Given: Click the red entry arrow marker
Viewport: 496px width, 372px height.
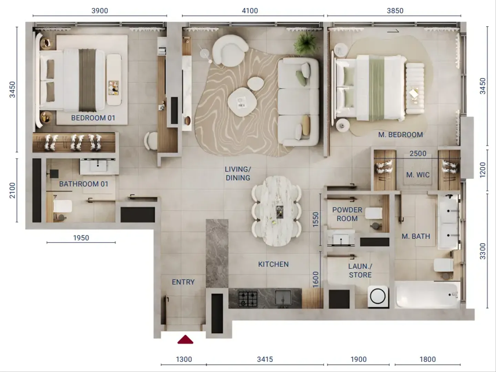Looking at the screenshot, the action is point(185,340).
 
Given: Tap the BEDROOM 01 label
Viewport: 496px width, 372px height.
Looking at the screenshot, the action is point(93,118).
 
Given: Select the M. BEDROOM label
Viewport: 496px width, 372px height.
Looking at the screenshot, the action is point(401,135).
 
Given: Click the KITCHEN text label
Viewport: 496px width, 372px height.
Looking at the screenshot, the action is point(273,264).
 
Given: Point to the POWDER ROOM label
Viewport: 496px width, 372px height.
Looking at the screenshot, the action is point(347,214).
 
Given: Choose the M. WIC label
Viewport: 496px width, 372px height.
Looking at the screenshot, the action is point(418,175).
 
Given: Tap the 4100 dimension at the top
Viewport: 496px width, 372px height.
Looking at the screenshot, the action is point(250,11).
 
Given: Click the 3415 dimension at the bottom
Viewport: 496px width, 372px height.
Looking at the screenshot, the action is point(265,359).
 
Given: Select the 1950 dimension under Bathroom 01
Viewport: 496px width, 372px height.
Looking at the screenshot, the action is point(81,238).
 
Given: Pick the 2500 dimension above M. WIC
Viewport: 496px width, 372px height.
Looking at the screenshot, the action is point(418,154).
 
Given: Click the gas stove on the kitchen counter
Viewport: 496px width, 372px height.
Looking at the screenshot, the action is point(248,299).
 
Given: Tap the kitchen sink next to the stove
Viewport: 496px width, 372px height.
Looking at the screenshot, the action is point(283,297).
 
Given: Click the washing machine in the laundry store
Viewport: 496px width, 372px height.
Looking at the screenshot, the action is point(378,296).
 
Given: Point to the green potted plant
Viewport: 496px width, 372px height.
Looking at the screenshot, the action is point(306,43).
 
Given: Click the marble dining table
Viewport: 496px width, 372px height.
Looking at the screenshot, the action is point(277,211).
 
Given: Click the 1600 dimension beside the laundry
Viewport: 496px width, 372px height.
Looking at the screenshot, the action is point(316,279).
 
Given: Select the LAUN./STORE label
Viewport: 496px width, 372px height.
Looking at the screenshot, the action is point(360,270).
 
